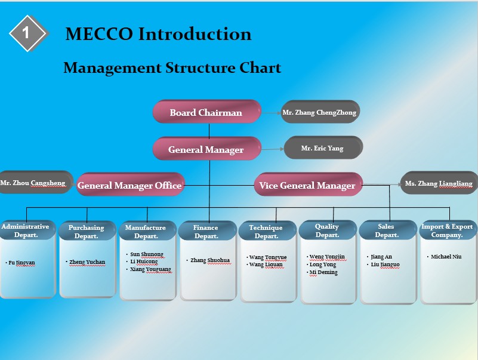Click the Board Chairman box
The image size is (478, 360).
coord(206,112)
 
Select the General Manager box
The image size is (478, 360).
coord(206,149)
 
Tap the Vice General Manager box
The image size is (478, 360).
coord(308,185)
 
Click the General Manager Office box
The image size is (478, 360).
coord(129,185)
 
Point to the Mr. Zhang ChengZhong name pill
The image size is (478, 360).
coord(320,112)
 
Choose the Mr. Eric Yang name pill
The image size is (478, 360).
coord(322,148)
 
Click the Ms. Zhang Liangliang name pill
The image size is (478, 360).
coord(439,183)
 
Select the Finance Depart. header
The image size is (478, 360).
coord(206,232)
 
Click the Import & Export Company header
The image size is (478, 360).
coord(447,230)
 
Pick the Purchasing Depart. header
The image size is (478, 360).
coord(87,232)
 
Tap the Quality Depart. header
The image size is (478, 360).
coord(327,230)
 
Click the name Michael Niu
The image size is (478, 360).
coord(447,257)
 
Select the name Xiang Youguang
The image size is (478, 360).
coord(150,269)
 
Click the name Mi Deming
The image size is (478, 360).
coord(323,272)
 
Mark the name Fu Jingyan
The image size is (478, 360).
coord(21,263)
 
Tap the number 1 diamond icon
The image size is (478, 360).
coord(27,33)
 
